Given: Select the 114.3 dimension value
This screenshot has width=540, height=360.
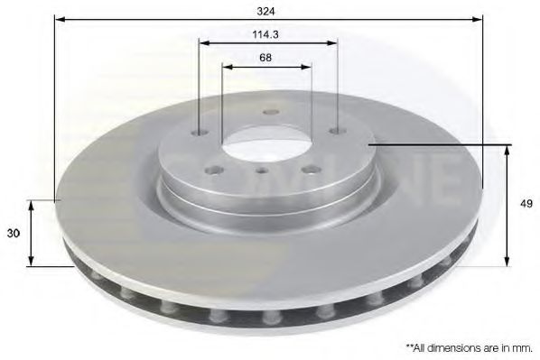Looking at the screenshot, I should (266, 35).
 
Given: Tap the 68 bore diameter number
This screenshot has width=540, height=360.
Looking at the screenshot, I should (265, 58).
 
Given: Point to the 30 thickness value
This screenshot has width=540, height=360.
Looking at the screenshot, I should (14, 233).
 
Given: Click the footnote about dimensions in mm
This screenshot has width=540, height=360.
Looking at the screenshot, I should (469, 346).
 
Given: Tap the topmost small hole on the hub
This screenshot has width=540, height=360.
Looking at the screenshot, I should (268, 113).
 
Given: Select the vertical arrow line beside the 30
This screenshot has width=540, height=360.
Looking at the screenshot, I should (33, 233).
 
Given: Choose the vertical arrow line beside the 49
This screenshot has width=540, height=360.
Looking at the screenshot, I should (506, 204).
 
